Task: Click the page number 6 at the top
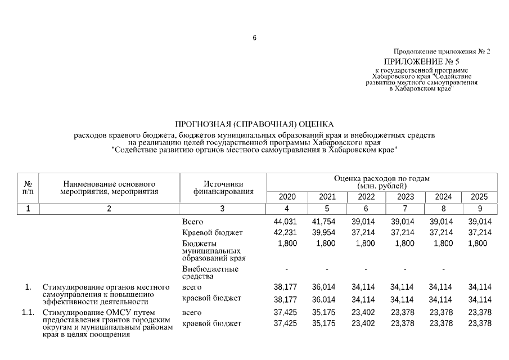254,38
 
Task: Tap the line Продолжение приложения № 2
442,51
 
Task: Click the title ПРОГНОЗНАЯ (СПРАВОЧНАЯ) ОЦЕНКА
254,124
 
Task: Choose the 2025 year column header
479,197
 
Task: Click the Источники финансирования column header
223,187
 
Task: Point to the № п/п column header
28,187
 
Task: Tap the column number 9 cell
479,209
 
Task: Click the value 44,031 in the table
285,222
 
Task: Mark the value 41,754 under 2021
323,222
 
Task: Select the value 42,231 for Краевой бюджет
285,232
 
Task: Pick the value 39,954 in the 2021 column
323,232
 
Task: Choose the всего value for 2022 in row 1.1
363,312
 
